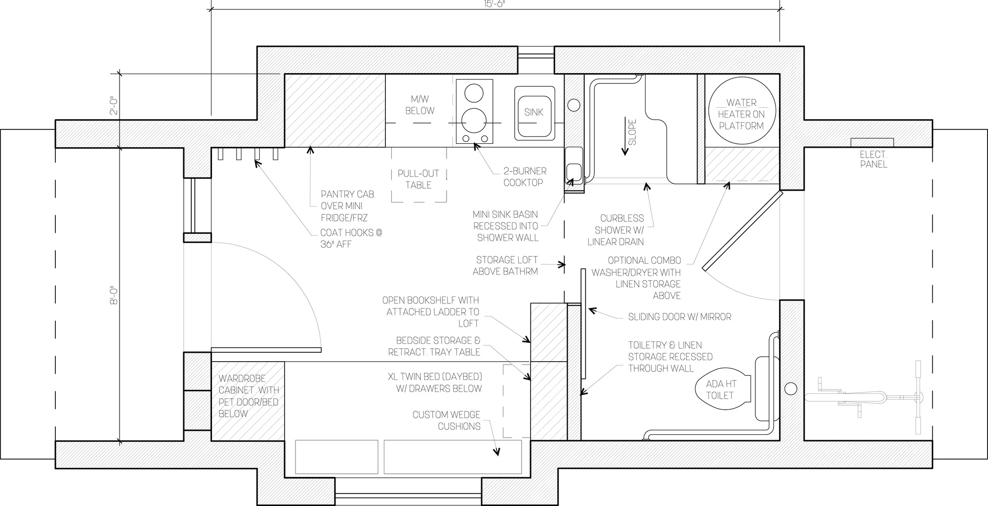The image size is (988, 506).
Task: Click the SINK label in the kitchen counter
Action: click(534, 112)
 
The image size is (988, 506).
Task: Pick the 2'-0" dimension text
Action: click(114, 106)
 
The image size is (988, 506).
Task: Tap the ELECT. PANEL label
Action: click(873, 159)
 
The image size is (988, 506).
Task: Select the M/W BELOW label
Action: click(419, 104)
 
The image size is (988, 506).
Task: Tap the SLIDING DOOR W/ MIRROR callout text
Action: click(679, 317)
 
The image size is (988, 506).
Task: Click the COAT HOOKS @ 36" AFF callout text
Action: click(351, 238)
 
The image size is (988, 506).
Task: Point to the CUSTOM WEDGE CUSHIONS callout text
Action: click(446, 421)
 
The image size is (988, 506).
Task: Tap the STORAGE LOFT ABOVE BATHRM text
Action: click(505, 265)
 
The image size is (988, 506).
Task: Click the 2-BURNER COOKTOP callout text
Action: click(525, 176)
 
